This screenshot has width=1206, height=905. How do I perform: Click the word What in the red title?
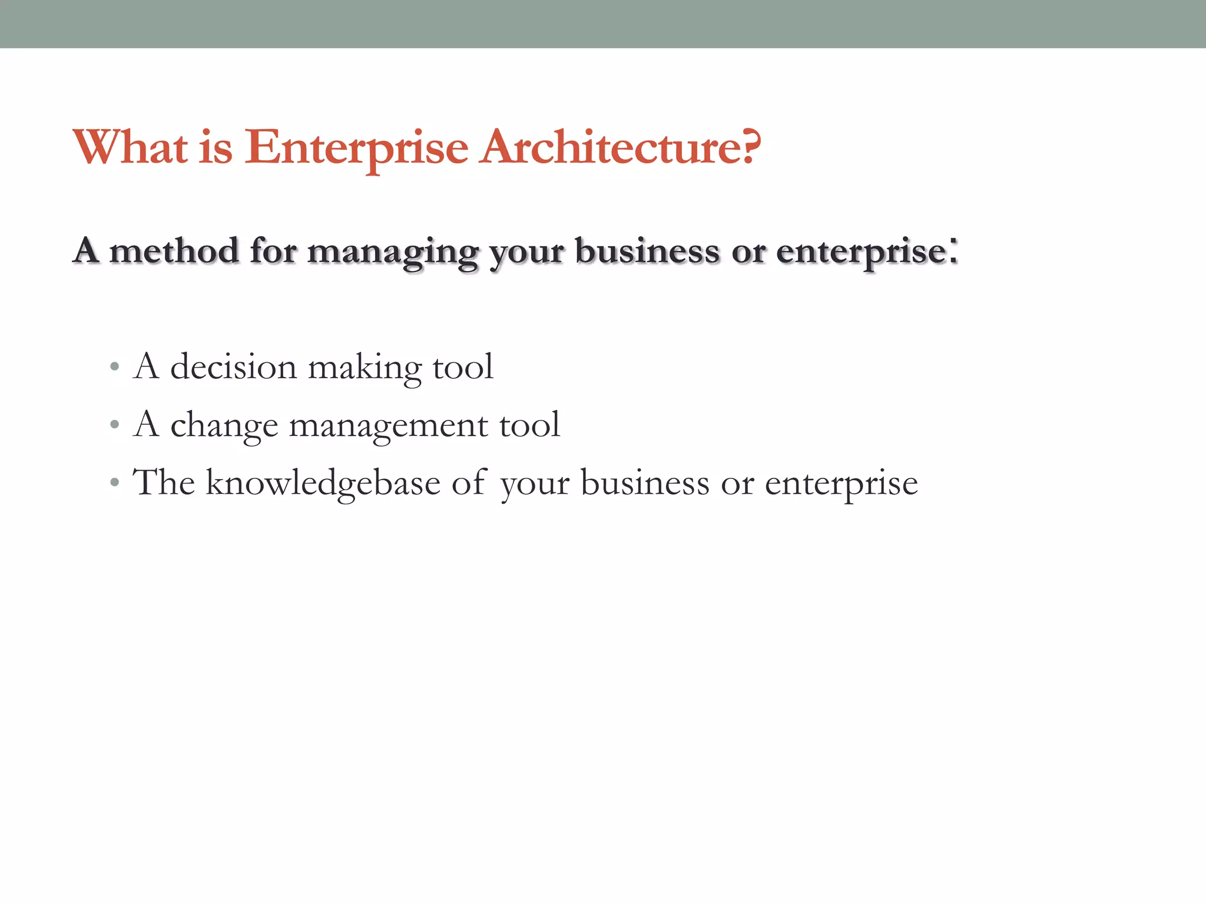[x=131, y=147]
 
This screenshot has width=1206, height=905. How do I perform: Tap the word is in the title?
[x=216, y=147]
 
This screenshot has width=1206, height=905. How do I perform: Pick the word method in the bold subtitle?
[x=174, y=250]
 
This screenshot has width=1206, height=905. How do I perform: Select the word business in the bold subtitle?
[x=647, y=250]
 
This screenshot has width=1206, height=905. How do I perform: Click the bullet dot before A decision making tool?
[x=115, y=367]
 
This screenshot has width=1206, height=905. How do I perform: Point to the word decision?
[x=233, y=367]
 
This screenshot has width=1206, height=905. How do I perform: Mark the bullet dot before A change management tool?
[x=115, y=425]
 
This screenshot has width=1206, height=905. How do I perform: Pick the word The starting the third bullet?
[x=164, y=483]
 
